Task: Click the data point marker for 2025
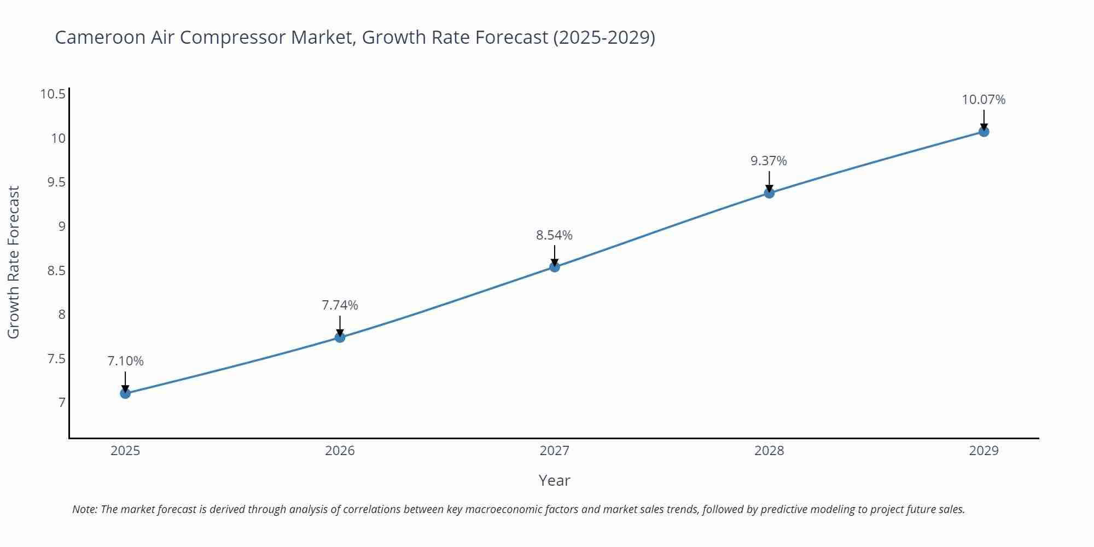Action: (x=125, y=393)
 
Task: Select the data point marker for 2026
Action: (x=340, y=337)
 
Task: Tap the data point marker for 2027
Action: (x=555, y=267)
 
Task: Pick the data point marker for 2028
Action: (x=769, y=193)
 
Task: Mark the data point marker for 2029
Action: (x=984, y=131)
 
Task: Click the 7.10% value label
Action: (x=125, y=361)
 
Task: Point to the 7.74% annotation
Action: (x=340, y=305)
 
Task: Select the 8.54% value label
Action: (x=554, y=235)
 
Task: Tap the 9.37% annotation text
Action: (x=769, y=161)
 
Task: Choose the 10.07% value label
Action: (x=984, y=100)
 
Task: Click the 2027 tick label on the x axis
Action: (x=554, y=451)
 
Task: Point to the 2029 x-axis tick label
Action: (x=984, y=451)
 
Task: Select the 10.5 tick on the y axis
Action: (x=53, y=94)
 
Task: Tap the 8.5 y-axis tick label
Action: (x=56, y=271)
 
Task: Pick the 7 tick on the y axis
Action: (x=62, y=403)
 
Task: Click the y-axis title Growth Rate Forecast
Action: (x=14, y=262)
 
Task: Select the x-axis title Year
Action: (x=554, y=480)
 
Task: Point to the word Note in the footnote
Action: (x=84, y=509)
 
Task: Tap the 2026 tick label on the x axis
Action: (x=340, y=451)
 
